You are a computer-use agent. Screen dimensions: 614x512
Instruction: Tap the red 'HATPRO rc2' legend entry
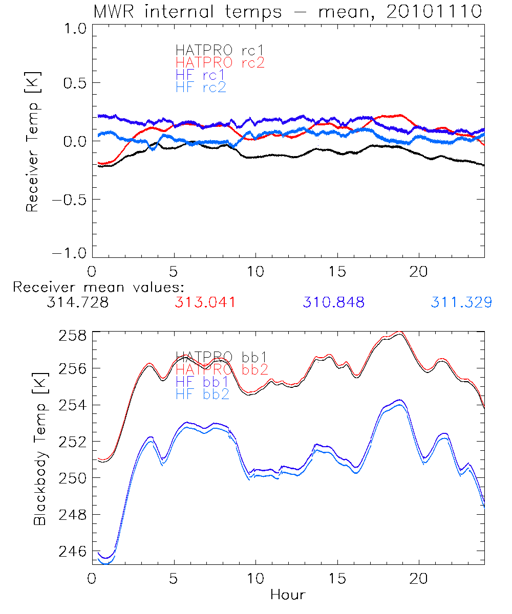(220, 62)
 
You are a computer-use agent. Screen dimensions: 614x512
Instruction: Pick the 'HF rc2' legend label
(200, 87)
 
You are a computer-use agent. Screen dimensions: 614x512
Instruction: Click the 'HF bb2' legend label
(202, 393)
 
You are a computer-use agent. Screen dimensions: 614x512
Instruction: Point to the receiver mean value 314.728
(77, 302)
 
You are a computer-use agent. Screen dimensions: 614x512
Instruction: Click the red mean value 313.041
(205, 302)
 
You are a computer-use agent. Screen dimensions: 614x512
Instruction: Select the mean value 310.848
(334, 302)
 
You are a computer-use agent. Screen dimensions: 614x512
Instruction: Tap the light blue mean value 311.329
(461, 302)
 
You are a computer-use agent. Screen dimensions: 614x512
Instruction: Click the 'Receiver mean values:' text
(98, 287)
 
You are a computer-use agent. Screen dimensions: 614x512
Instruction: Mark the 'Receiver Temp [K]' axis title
(33, 143)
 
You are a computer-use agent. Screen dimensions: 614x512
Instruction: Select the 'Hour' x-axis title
(288, 595)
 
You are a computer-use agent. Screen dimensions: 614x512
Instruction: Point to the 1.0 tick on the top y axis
(73, 29)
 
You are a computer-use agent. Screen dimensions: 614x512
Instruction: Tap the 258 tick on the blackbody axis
(73, 336)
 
